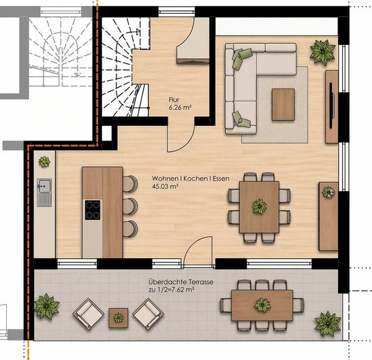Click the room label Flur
(x=174, y=100)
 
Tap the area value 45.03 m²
(x=165, y=186)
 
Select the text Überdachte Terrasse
(x=181, y=282)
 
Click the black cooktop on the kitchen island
(x=93, y=210)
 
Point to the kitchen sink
(x=44, y=192)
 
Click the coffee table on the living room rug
(x=283, y=105)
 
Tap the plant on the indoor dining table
(x=259, y=206)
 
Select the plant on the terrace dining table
(x=263, y=305)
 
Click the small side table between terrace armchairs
(x=118, y=318)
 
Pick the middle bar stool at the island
(x=130, y=206)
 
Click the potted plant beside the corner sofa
(x=323, y=52)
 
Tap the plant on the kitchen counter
(x=44, y=162)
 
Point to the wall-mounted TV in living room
(x=332, y=105)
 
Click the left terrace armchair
(x=88, y=314)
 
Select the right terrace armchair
(x=148, y=314)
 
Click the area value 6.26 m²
(x=180, y=107)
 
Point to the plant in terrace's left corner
(x=46, y=307)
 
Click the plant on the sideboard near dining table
(x=328, y=192)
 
